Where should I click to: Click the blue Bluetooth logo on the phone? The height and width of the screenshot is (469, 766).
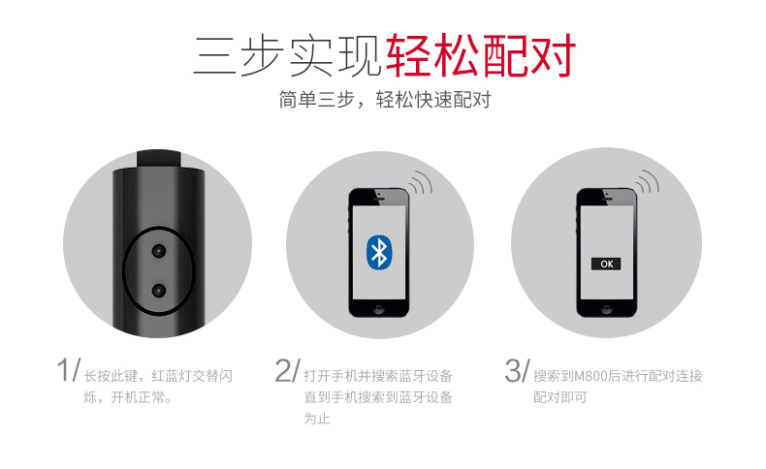(x=379, y=252)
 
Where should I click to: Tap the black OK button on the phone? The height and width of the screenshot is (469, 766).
(x=606, y=264)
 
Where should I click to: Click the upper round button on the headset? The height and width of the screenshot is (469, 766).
(x=159, y=251)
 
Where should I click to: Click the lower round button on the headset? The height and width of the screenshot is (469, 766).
(x=159, y=291)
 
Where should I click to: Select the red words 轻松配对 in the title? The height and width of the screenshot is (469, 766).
(x=481, y=55)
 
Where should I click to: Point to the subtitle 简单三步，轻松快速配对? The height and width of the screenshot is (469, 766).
(x=385, y=100)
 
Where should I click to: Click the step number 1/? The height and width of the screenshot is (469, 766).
(x=68, y=370)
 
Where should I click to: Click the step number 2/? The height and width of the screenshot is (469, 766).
(x=287, y=370)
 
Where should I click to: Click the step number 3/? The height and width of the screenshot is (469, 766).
(x=517, y=370)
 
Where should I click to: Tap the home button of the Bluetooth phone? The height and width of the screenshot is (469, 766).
(x=378, y=309)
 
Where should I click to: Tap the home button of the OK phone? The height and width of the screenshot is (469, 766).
(x=607, y=309)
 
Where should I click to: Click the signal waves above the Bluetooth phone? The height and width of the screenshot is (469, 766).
(x=421, y=182)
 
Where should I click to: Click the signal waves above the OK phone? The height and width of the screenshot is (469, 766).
(x=648, y=181)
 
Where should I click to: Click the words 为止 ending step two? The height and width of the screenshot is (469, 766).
(x=317, y=419)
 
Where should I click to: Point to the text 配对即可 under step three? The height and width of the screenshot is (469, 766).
(x=559, y=397)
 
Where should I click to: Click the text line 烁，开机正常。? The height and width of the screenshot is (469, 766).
(x=128, y=397)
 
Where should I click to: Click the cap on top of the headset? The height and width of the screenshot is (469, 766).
(x=159, y=159)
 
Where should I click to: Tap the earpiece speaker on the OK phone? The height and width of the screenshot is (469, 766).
(x=607, y=199)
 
